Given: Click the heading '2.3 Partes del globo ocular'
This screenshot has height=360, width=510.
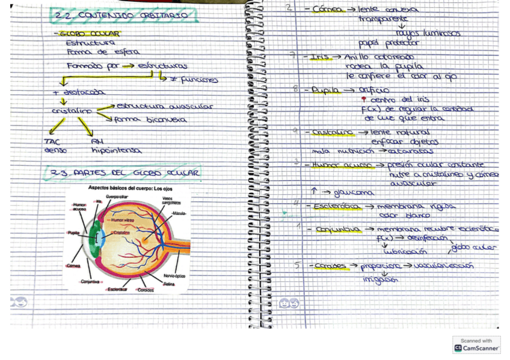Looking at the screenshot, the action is [124, 173].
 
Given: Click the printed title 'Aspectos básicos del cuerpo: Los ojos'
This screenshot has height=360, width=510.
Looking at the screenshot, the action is [130, 188].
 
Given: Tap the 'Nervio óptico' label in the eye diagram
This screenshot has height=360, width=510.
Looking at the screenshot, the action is [174, 276].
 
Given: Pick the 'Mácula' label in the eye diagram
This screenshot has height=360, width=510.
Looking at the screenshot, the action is [179, 213].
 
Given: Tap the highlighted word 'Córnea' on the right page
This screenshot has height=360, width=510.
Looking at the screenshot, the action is [327, 10].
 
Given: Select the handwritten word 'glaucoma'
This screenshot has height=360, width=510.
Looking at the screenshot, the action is [355, 193].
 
